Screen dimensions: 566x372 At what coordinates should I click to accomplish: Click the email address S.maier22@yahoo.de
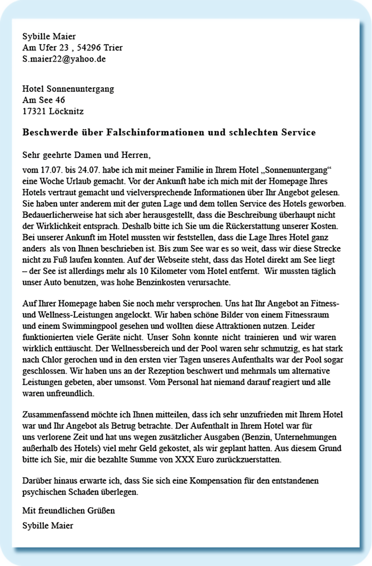pyautogui.click(x=64, y=59)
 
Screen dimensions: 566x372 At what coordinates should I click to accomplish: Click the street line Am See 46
pyautogui.click(x=44, y=100)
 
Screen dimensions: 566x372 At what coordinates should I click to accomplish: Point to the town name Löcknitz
pyautogui.click(x=66, y=111)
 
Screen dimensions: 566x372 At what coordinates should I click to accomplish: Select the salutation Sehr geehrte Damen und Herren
pyautogui.click(x=86, y=155)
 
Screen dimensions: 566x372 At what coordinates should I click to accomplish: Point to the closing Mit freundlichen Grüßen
pyautogui.click(x=69, y=510)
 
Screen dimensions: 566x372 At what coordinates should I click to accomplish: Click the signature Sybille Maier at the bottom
pyautogui.click(x=48, y=525)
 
